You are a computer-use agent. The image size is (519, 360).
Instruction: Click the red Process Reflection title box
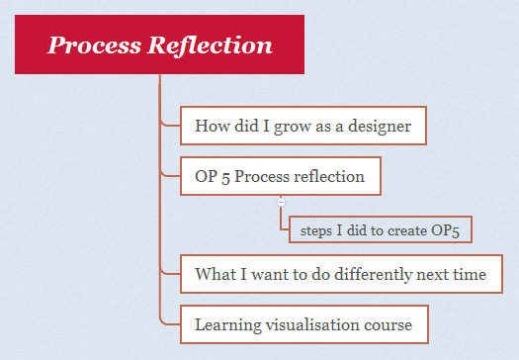(160, 45)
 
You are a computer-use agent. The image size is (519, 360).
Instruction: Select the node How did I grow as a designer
(303, 126)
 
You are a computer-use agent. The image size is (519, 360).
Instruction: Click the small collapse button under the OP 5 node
(282, 202)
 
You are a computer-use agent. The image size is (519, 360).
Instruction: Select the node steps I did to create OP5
(380, 230)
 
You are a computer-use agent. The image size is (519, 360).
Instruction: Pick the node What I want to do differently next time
(340, 273)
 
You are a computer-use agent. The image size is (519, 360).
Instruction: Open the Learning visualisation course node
(303, 323)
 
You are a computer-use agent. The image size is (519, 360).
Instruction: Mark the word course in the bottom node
(389, 323)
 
